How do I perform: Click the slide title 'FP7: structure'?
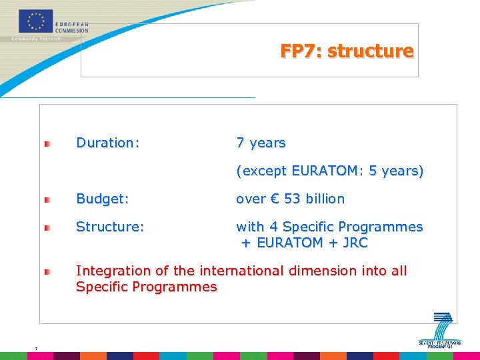(347, 51)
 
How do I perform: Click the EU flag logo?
(36, 21)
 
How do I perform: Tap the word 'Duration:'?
(108, 143)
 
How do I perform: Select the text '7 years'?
(261, 143)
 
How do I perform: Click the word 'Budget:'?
(103, 199)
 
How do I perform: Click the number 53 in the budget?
(293, 199)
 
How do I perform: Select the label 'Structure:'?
(110, 227)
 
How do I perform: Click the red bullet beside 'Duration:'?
(47, 144)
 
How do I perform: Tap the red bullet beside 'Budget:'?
(47, 199)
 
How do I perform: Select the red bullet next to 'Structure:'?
(47, 228)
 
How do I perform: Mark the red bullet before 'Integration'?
(47, 272)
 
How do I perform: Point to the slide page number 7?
(36, 348)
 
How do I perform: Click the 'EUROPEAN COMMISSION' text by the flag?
(72, 27)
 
